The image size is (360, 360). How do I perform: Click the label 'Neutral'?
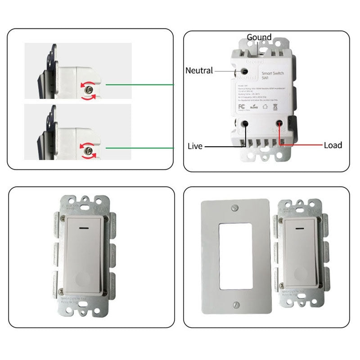(x=199, y=70)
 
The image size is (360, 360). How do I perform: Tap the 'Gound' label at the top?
(x=259, y=37)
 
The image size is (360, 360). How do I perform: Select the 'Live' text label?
(x=195, y=146)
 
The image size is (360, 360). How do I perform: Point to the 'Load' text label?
(x=333, y=145)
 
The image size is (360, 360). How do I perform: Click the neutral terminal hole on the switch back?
(x=244, y=71)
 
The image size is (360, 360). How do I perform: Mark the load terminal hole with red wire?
(x=280, y=123)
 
